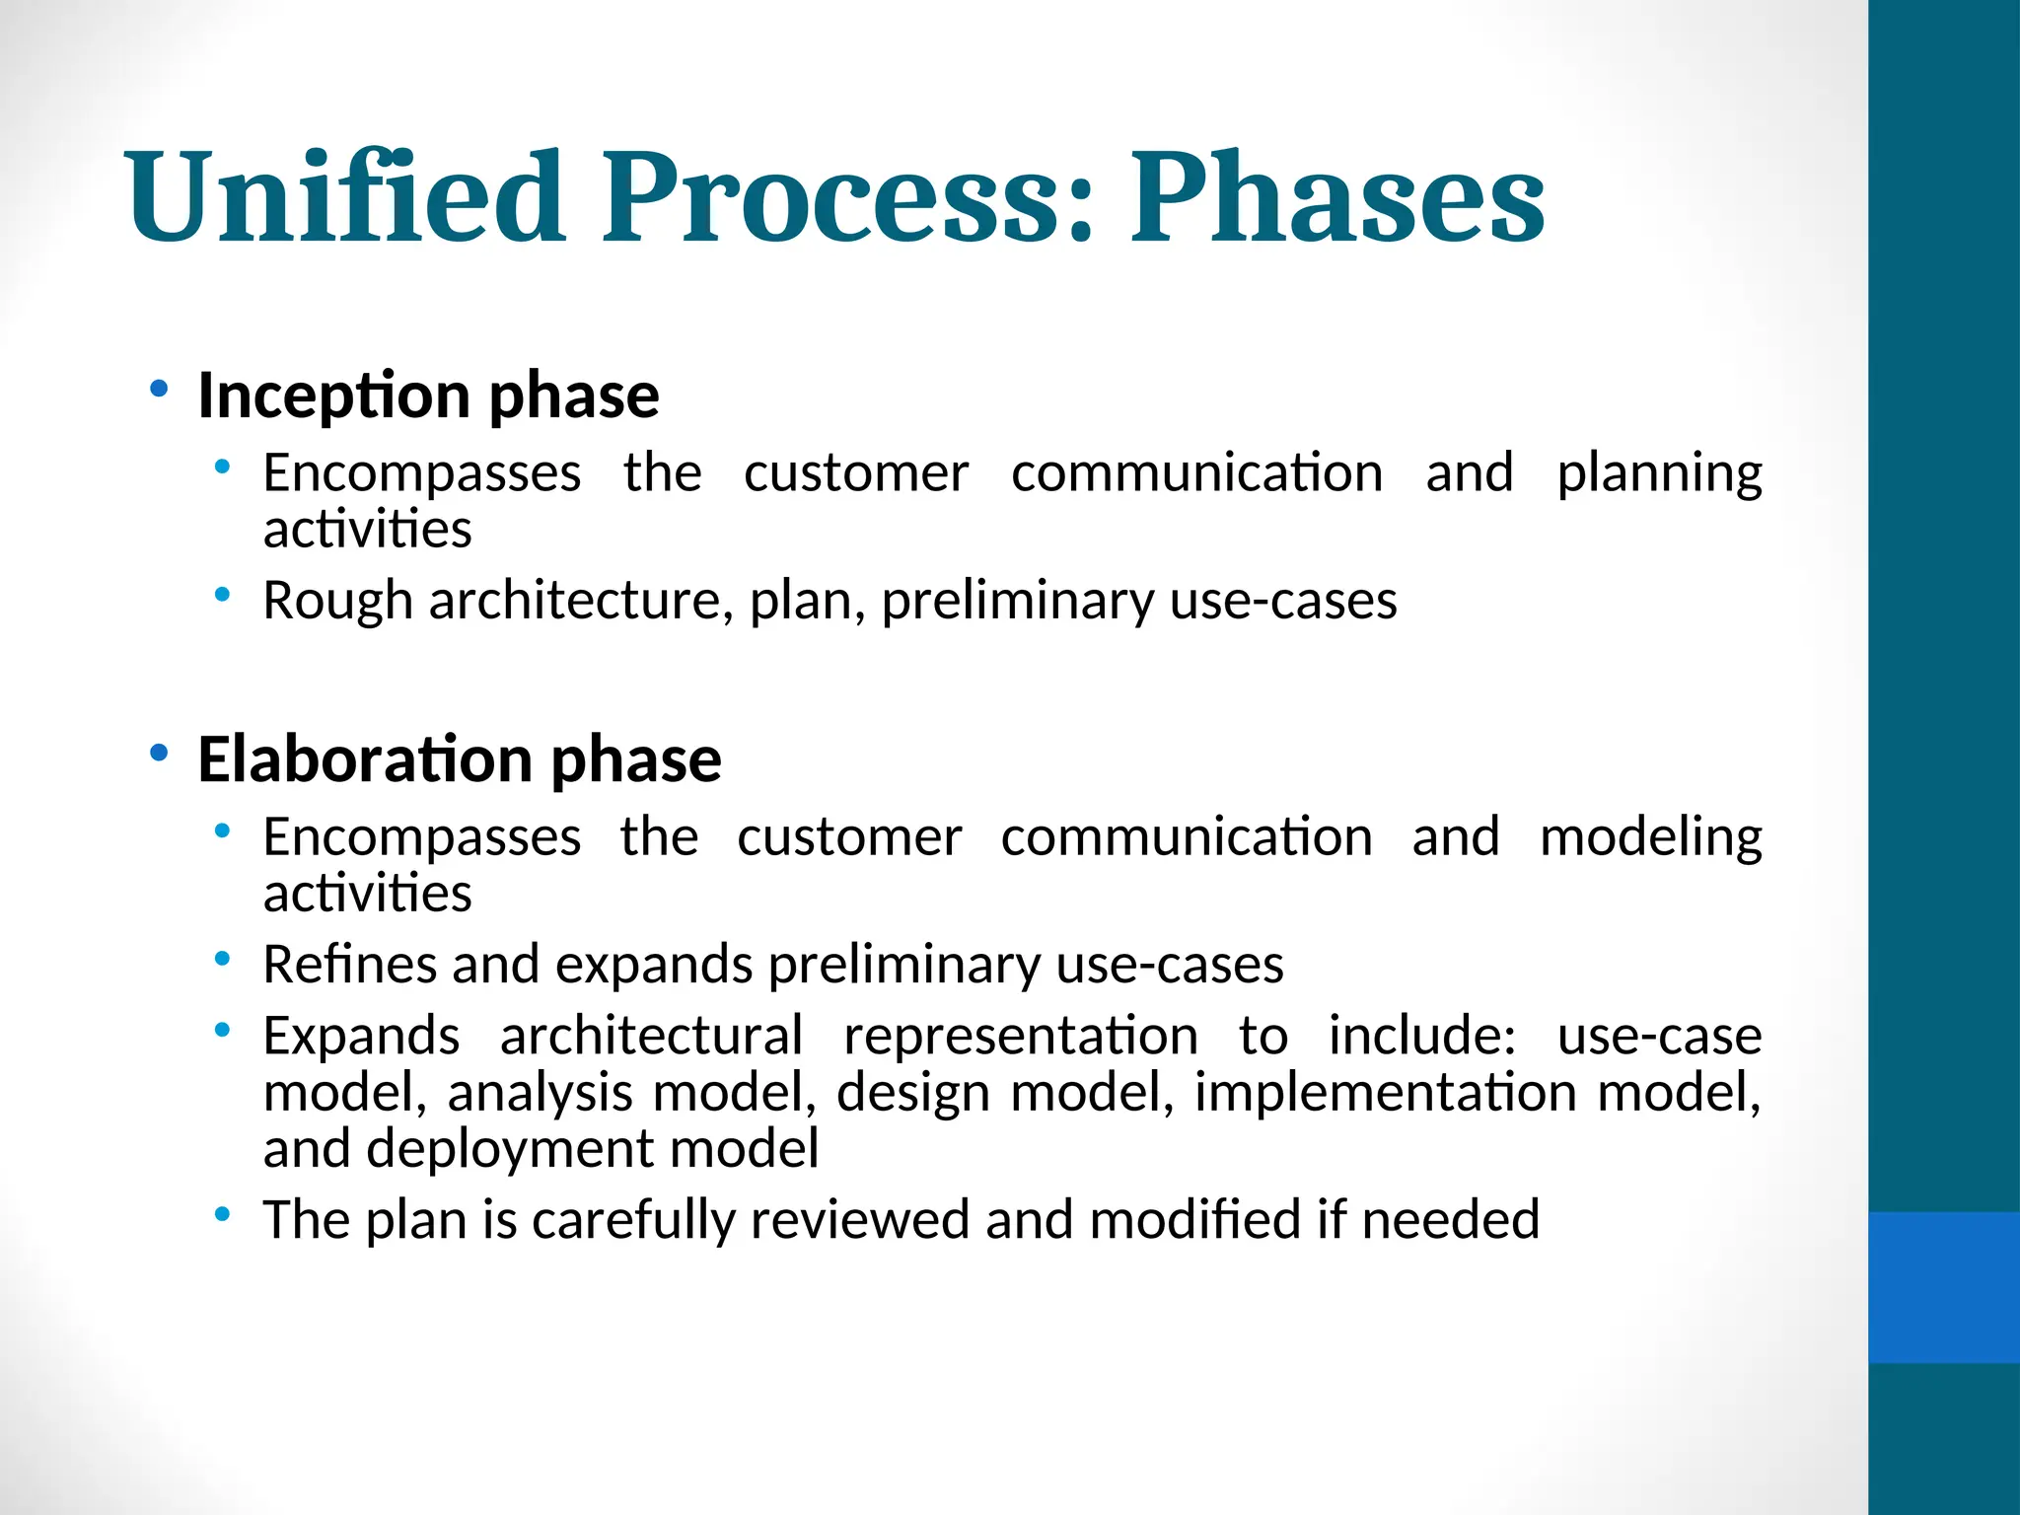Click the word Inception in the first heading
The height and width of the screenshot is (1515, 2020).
coord(333,397)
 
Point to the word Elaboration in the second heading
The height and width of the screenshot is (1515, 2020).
coord(365,759)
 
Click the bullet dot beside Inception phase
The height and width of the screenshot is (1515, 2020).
coord(159,390)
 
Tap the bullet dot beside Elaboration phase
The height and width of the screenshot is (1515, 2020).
coord(159,755)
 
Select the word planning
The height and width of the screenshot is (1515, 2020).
coord(1659,473)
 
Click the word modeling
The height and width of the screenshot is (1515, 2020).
coord(1650,838)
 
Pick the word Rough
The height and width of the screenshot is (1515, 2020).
coord(337,601)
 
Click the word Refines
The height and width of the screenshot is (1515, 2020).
coord(349,965)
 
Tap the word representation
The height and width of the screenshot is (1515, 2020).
coord(1021,1037)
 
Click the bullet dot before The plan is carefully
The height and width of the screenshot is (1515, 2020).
coord(223,1214)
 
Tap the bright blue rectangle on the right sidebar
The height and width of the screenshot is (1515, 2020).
coord(1943,1287)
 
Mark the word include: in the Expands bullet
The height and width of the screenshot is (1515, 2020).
coord(1421,1037)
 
